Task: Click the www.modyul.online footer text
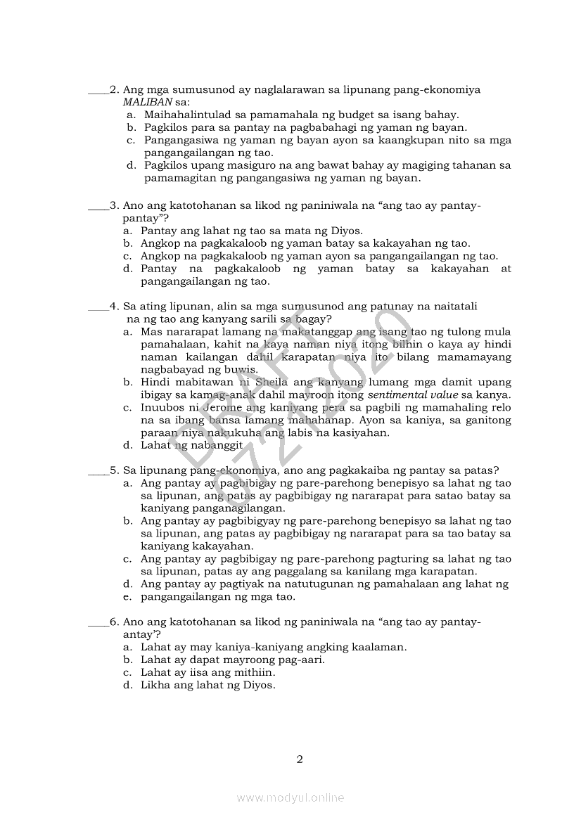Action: point(290,798)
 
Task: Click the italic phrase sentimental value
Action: point(413,395)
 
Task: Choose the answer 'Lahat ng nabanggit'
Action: point(191,446)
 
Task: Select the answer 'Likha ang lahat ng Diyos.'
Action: point(207,686)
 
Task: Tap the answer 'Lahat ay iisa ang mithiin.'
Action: point(207,673)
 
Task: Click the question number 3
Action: point(113,205)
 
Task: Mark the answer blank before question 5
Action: point(98,471)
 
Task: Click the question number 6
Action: point(113,622)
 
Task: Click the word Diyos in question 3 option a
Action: point(345,231)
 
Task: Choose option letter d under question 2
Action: point(131,166)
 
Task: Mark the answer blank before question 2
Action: point(98,91)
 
